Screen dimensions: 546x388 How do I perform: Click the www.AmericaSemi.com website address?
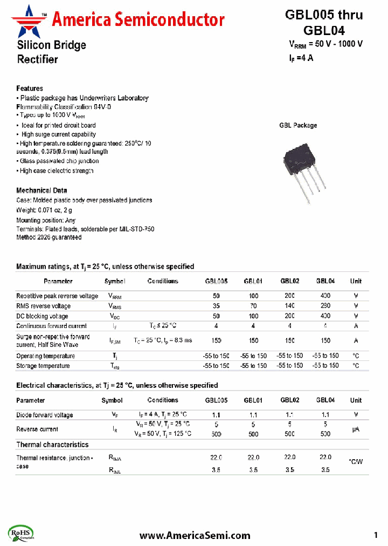pos(195,535)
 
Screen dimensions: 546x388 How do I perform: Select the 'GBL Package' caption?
pos(298,125)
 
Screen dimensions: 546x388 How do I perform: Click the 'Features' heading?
pos(30,88)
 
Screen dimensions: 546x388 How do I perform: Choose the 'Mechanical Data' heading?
pos(41,190)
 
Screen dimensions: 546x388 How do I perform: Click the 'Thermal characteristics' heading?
pos(52,445)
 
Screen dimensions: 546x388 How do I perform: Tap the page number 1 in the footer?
pos(376,535)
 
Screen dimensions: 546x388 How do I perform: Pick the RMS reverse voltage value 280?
pos(325,306)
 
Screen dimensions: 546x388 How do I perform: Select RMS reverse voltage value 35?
pos(216,306)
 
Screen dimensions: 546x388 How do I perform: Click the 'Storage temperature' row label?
pos(43,366)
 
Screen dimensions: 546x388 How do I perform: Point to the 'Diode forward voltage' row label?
pos(45,415)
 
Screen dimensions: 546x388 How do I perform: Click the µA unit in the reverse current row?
pos(356,429)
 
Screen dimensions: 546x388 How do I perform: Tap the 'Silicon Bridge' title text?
pos(51,45)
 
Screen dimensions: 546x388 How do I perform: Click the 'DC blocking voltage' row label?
pos(42,316)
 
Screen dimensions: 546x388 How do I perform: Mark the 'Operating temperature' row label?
pos(45,356)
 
